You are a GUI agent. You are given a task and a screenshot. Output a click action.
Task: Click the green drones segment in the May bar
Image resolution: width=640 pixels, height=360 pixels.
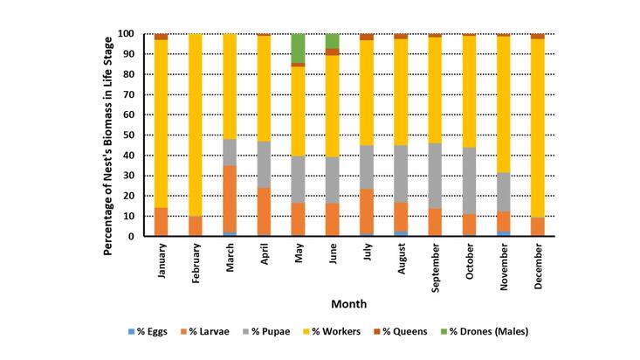coord(298,48)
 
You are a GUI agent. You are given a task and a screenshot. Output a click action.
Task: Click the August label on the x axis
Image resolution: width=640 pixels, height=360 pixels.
coord(401,260)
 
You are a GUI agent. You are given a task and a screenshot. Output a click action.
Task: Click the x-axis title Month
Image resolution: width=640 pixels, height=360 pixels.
coord(348,304)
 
